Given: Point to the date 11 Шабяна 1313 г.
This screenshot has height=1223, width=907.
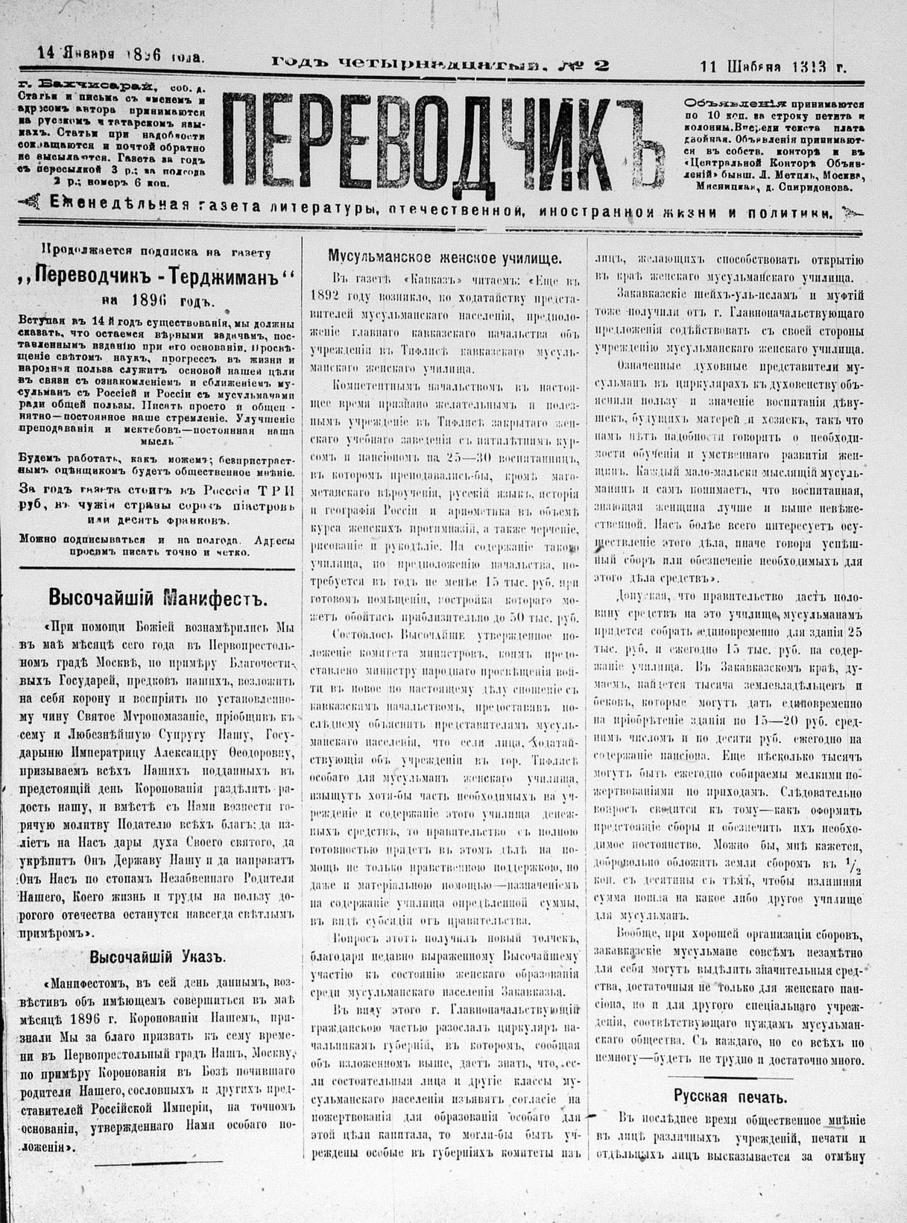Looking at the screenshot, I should click(772, 66).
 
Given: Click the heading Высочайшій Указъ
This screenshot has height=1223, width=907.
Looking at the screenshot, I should click(157, 957).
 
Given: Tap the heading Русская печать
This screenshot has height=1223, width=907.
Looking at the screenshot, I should click(730, 1096).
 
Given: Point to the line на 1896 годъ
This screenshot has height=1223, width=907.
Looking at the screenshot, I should click(157, 300).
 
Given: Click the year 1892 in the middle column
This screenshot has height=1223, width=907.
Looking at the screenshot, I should click(313, 296).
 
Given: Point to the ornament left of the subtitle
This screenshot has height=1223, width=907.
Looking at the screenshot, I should click(28, 200).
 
